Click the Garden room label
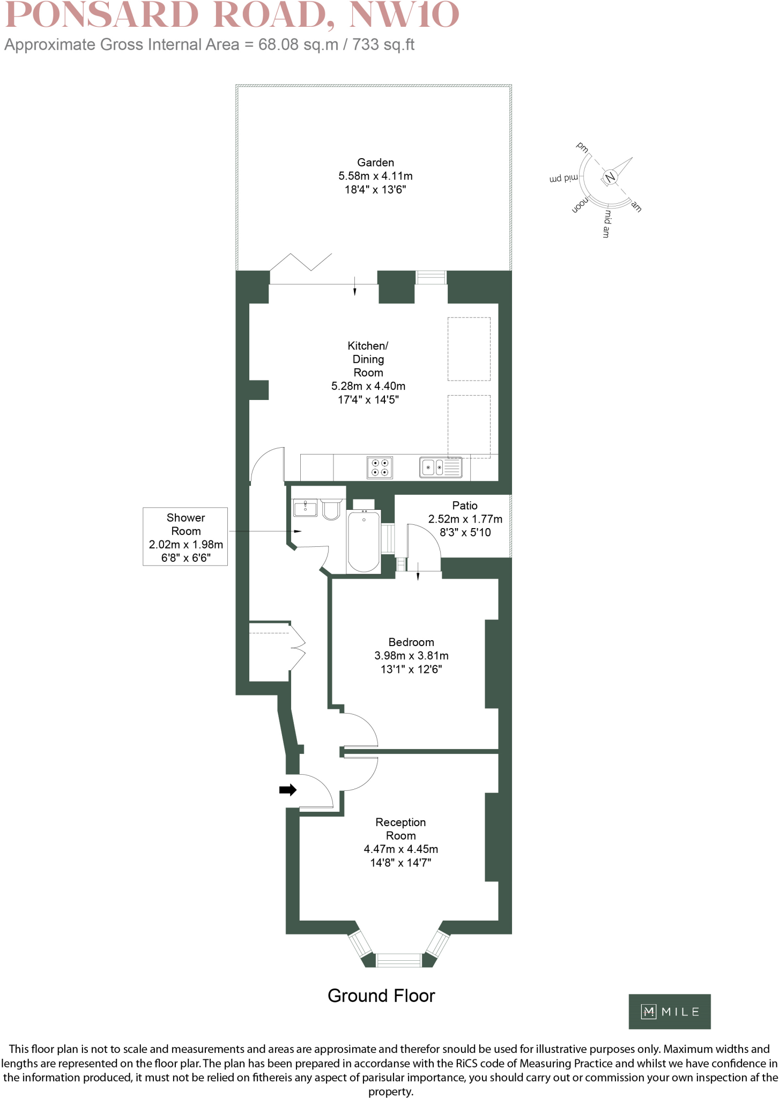coord(375,162)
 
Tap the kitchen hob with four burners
coord(380,468)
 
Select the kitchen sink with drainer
coord(440,468)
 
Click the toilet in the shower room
coord(331,510)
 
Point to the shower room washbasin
coord(305,507)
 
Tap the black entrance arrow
coord(288,790)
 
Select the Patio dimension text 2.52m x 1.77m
coord(465,519)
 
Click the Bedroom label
coord(411,642)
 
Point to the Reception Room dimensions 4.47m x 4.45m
coord(400,849)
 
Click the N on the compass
coord(610,177)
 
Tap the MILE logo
coord(669,1012)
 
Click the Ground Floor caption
coord(381,996)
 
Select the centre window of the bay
coord(398,960)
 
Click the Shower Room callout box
coord(185,536)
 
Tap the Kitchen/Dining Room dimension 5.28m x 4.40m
coord(368,386)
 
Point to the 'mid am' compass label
coord(606,224)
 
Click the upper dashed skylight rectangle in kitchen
coord(469,349)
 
